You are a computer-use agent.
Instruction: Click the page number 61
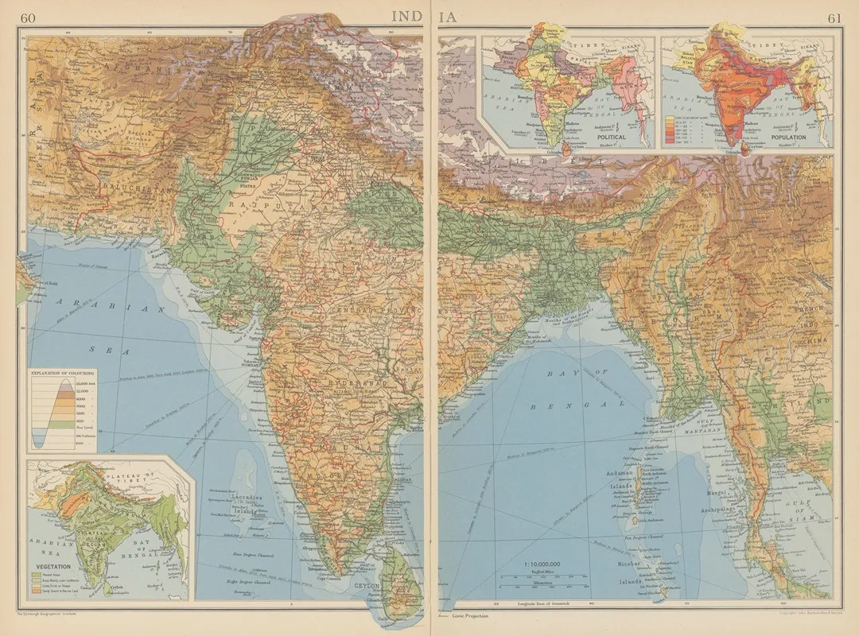coord(834,18)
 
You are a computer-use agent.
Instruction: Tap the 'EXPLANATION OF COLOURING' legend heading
coord(62,372)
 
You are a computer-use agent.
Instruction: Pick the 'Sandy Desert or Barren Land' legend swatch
coord(34,593)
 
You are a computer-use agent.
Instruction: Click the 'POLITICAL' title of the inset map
coord(607,138)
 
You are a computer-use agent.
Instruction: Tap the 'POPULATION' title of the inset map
coord(787,138)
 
